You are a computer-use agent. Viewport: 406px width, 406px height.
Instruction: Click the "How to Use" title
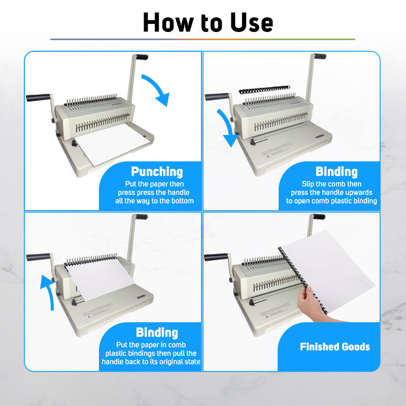pos(208,22)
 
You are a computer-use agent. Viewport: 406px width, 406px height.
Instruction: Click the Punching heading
pos(157,172)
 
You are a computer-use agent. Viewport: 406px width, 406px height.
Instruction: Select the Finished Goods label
pos(335,347)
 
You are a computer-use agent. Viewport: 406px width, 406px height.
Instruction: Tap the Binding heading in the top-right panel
pos(336,172)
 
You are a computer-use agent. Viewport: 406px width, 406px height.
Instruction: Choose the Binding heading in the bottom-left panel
pos(157,332)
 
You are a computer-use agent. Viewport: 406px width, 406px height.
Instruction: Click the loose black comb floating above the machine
pos(264,90)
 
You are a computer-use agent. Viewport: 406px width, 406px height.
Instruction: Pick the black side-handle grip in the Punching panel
pos(38,97)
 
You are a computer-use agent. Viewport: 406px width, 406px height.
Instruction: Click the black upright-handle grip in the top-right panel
pos(320,56)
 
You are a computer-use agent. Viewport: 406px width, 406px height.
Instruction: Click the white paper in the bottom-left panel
pos(99,278)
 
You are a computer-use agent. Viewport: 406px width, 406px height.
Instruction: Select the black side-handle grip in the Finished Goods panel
pos(216,257)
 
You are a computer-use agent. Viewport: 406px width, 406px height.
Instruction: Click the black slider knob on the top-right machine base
pos(253,142)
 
